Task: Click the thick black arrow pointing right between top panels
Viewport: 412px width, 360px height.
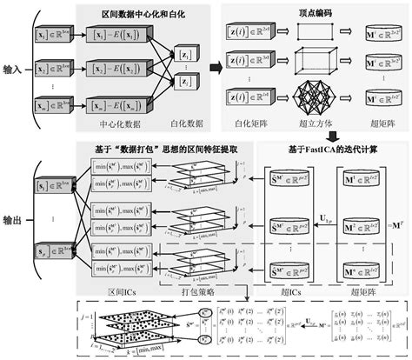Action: [214, 67]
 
